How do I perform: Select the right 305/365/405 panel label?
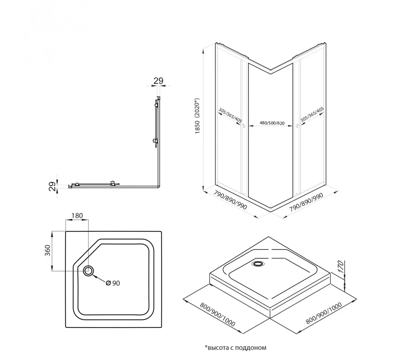pos(312,114)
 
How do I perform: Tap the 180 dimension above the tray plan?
pos(77,216)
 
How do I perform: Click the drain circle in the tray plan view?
pos(89,271)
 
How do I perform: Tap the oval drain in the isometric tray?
pos(257,264)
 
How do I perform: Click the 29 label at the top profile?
pos(158,81)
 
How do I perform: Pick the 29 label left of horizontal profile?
pos(53,186)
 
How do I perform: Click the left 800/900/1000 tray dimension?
pos(217,315)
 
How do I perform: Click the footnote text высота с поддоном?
pos(236,348)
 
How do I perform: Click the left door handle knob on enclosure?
pos(243,127)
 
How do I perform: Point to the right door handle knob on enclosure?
pos(297,127)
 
